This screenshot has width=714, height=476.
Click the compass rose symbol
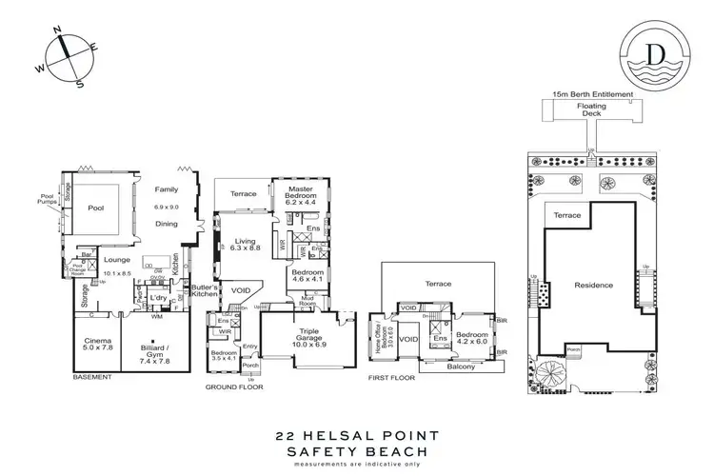pos(64,54)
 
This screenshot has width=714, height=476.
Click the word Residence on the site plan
pos(594,285)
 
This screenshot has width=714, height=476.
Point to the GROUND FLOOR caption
pos(235,387)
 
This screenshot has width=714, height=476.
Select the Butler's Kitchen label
pos(205,291)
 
